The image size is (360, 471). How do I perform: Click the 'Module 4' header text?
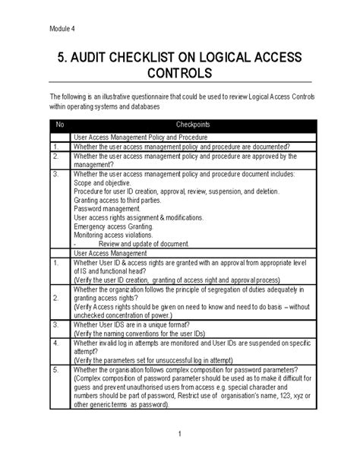tap(63, 30)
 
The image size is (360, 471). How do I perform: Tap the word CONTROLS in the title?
tap(179, 75)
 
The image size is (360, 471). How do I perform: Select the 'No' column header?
tap(60, 125)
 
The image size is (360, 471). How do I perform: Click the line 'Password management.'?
tap(107, 208)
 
